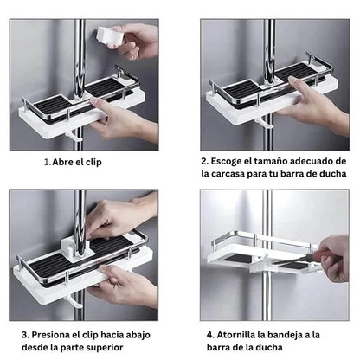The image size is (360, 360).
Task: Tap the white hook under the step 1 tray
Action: (74, 136)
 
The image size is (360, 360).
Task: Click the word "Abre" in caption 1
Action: (62, 162)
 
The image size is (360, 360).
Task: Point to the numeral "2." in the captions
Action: (205, 161)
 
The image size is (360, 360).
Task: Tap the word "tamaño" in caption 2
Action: (272, 161)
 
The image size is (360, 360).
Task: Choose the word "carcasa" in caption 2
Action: (228, 174)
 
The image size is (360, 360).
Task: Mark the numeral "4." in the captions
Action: (210, 335)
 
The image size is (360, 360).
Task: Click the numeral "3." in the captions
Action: (25, 335)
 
